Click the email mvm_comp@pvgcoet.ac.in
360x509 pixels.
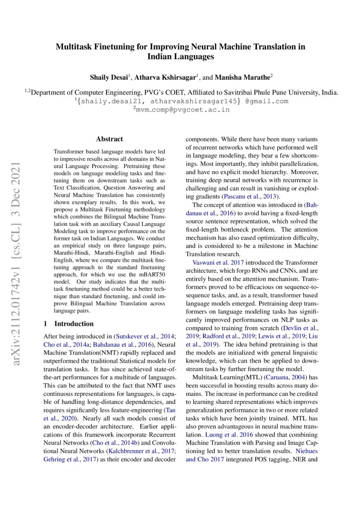181,110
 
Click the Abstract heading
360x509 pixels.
109,139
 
